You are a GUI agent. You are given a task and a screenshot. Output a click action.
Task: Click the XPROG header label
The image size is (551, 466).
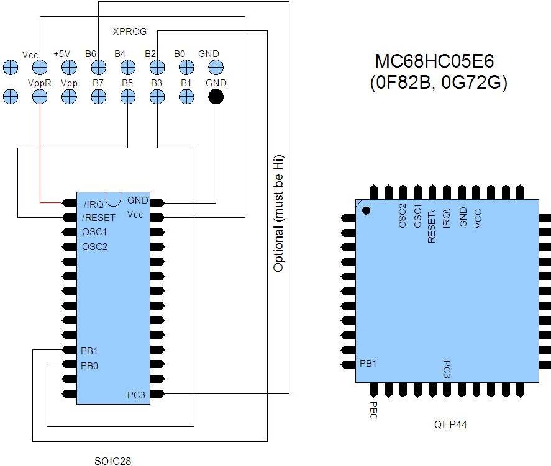point(129,31)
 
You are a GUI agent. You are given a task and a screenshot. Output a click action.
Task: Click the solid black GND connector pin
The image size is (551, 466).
point(216,96)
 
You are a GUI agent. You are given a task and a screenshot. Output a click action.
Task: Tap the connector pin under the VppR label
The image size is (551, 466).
point(40,96)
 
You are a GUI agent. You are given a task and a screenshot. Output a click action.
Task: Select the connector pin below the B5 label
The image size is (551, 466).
point(127,96)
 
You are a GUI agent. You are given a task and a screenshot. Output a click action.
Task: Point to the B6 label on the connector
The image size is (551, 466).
point(91,54)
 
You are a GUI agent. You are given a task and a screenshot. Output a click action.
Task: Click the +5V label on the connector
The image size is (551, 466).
point(62,54)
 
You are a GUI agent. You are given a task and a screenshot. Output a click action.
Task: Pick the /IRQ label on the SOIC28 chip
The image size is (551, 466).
point(93,204)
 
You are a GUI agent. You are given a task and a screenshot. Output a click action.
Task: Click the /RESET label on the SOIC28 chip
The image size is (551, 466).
point(99,217)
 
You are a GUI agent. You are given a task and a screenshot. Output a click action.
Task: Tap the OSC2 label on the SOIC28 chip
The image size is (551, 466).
point(94,247)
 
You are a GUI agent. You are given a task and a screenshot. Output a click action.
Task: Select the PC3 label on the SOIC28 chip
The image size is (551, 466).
point(137,395)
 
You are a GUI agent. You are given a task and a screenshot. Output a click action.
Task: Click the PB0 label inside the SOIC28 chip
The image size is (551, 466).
point(89,365)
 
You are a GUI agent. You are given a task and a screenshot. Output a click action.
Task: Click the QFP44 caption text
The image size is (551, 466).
point(450,425)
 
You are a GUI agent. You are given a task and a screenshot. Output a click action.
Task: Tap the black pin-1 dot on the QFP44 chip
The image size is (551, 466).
point(366,210)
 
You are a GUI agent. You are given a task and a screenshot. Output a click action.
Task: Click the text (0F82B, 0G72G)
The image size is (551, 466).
point(438,83)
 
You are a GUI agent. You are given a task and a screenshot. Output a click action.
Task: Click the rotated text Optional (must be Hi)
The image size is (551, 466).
point(279,213)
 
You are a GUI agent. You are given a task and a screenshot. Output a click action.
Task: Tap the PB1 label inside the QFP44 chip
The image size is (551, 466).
point(368,363)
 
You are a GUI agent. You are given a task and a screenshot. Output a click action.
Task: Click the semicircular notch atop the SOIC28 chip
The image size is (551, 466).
point(113,198)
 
